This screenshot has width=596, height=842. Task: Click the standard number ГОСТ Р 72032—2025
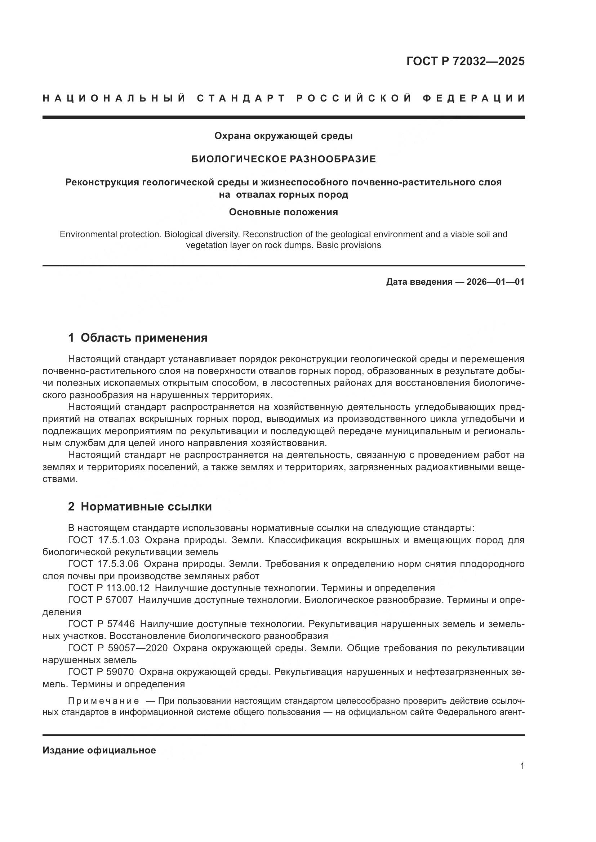click(465, 61)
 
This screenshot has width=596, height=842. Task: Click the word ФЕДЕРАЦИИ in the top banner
click(473, 98)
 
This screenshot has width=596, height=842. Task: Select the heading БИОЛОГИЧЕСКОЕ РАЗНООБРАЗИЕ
click(283, 159)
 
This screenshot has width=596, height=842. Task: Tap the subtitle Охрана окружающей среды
click(283, 136)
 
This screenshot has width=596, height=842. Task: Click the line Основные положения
click(283, 212)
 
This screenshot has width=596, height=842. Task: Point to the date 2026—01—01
click(495, 282)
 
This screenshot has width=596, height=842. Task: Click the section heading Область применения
click(144, 338)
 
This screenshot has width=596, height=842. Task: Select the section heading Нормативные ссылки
click(146, 506)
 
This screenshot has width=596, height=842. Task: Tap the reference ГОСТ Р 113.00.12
click(109, 588)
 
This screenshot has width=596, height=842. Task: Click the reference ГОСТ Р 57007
click(101, 600)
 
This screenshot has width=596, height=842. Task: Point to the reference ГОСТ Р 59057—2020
click(118, 648)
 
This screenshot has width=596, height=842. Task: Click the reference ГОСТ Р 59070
click(101, 672)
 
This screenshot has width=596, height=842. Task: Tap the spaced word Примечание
click(103, 701)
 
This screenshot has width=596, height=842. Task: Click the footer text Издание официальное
click(99, 750)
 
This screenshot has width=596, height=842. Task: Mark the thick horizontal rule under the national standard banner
click(283, 117)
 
